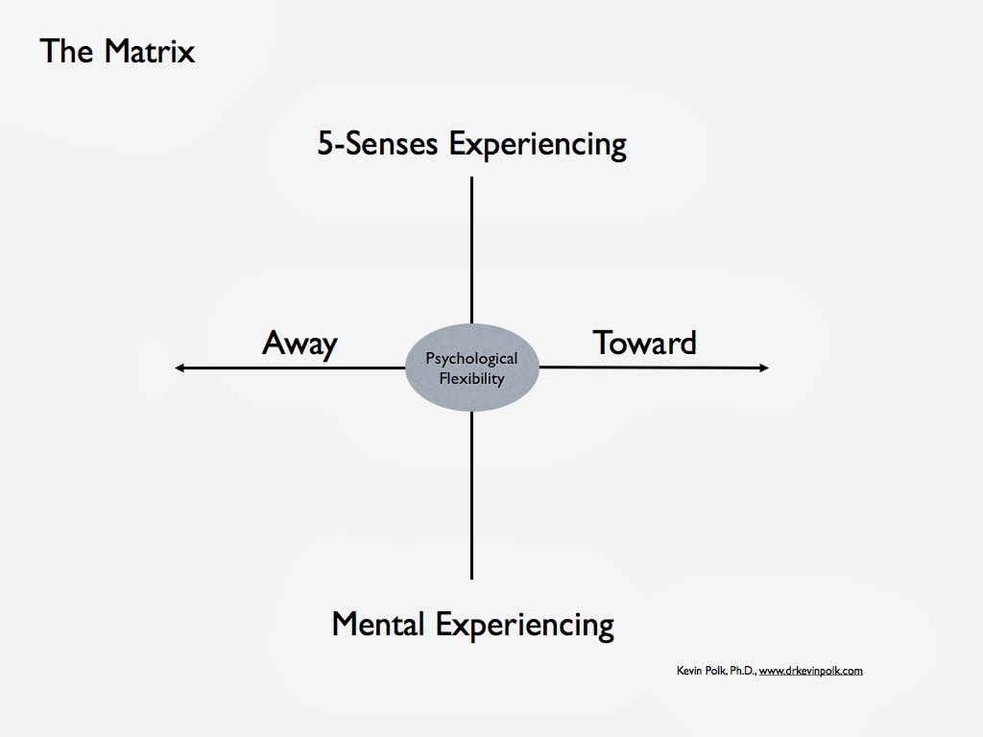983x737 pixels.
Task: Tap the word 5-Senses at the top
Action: pos(378,144)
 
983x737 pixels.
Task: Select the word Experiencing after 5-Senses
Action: pos(538,146)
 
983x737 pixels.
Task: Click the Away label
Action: pos(300,344)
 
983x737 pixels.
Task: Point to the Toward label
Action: pos(644,343)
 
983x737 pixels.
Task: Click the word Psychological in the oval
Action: pos(471,359)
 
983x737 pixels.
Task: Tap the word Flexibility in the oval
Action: pos(471,378)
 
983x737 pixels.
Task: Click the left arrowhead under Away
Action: pos(180,368)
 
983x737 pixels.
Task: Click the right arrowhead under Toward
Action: pos(763,368)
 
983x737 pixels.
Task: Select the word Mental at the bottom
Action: pos(379,625)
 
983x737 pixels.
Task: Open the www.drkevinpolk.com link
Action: pos(810,671)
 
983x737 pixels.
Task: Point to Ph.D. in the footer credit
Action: pos(742,671)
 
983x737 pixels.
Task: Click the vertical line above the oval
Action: pos(471,250)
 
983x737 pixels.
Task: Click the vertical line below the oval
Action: pos(471,494)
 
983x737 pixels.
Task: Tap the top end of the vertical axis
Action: pos(471,179)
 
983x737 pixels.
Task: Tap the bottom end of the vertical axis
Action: pos(471,577)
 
